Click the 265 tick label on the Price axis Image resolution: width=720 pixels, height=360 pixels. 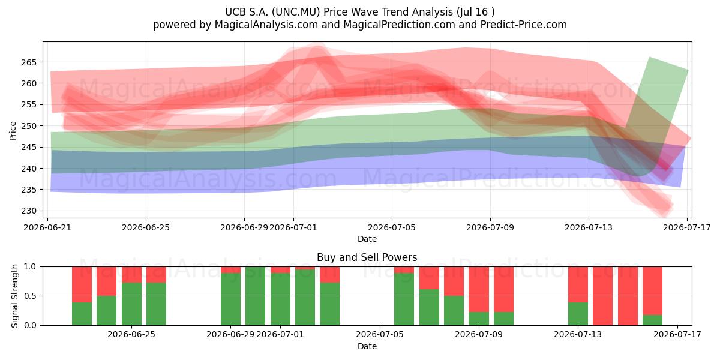click(29, 62)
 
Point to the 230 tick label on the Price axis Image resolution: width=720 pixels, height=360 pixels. click(29, 211)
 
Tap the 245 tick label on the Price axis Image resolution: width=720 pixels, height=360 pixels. click(29, 147)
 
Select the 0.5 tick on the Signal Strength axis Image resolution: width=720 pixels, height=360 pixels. click(30, 296)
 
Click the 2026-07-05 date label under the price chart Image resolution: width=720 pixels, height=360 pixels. click(391, 227)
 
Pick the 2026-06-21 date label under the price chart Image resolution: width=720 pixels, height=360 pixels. click(47, 227)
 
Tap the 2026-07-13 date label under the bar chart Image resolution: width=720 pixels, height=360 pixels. click(578, 334)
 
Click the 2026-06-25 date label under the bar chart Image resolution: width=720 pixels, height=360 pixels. click(131, 334)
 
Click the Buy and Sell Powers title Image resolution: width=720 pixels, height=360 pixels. click(367, 257)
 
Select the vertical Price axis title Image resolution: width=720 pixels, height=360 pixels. click(13, 131)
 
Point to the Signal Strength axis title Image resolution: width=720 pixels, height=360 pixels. click(14, 296)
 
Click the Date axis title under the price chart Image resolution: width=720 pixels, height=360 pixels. click(367, 239)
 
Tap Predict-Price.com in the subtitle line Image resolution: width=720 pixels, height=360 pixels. click(524, 25)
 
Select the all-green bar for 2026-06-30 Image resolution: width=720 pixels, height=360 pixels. click(255, 296)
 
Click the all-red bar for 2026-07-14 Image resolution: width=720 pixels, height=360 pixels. click(602, 296)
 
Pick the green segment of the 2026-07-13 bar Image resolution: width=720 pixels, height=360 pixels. click(578, 314)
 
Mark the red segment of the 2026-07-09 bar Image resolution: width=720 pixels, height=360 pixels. click(503, 289)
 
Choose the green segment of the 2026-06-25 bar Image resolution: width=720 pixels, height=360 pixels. click(156, 304)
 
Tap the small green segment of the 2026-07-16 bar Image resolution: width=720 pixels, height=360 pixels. click(653, 320)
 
